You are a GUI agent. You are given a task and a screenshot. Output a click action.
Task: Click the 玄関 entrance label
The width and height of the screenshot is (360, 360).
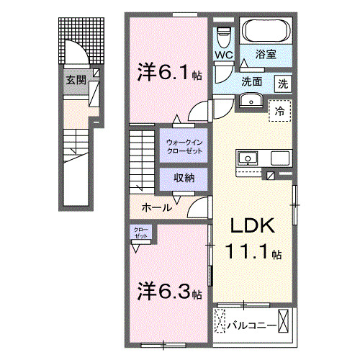(x=76, y=80)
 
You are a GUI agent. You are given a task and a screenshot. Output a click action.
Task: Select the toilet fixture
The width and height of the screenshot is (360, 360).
(x=223, y=34)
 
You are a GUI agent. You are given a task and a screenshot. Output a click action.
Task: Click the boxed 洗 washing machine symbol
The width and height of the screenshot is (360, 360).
(x=284, y=82)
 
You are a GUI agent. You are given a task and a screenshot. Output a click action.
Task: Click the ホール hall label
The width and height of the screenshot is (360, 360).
(x=156, y=207)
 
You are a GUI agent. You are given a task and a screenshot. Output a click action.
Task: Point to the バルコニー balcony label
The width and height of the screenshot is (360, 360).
(x=252, y=326)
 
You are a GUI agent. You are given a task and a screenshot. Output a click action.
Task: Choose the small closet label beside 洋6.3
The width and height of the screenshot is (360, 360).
(x=140, y=232)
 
